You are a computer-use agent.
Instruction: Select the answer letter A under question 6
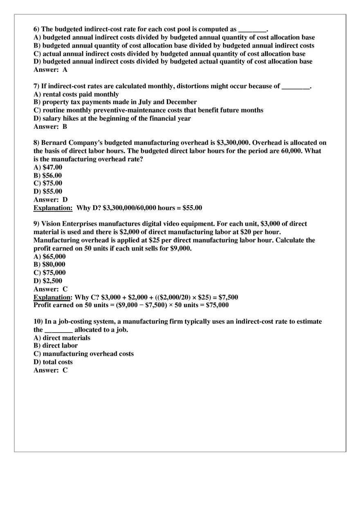click(x=65, y=70)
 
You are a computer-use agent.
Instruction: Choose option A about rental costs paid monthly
click(x=76, y=94)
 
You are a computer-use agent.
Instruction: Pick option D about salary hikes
click(x=112, y=119)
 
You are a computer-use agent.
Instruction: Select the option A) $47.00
click(x=48, y=167)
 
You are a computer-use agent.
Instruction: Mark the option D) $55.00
click(x=48, y=191)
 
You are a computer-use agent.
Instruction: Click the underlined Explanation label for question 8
click(x=53, y=208)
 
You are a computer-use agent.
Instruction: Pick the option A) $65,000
click(x=49, y=257)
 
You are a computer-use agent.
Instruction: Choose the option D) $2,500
click(x=48, y=281)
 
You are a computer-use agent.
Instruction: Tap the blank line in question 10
click(x=59, y=330)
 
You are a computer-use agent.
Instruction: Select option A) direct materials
click(x=62, y=338)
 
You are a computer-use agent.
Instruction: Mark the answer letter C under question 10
click(x=65, y=371)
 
